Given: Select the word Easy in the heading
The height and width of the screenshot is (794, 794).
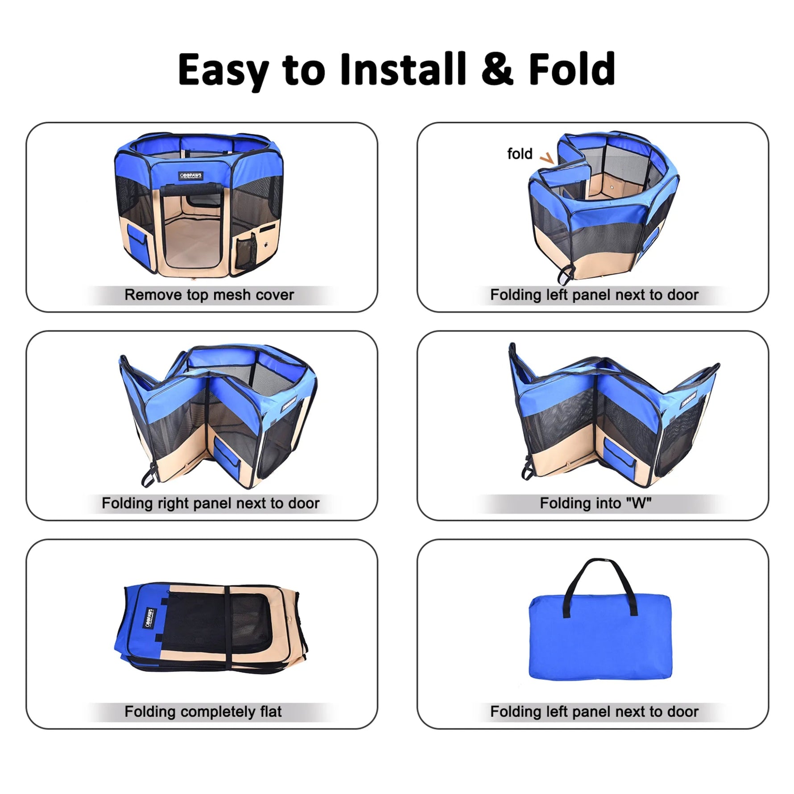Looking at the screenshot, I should [223, 70].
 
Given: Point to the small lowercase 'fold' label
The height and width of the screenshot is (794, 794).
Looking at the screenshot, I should [520, 153].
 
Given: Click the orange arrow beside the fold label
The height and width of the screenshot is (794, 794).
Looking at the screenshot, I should [547, 158].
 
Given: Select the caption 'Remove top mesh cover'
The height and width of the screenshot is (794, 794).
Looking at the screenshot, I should [209, 295].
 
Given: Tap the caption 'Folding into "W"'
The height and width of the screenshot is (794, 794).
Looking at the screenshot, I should [595, 503].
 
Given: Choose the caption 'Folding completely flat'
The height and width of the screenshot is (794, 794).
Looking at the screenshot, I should [203, 711].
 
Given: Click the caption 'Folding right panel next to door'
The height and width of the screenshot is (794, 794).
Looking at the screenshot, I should [211, 503].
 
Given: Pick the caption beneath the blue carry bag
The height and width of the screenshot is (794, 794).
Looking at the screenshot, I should [594, 711].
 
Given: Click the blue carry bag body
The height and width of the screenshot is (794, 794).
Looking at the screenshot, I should [600, 642].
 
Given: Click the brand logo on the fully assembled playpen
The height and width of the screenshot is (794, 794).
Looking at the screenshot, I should [191, 175].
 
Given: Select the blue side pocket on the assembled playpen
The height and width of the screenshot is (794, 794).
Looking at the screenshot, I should [137, 240].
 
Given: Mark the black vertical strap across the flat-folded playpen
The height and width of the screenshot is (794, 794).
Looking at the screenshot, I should [228, 633].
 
